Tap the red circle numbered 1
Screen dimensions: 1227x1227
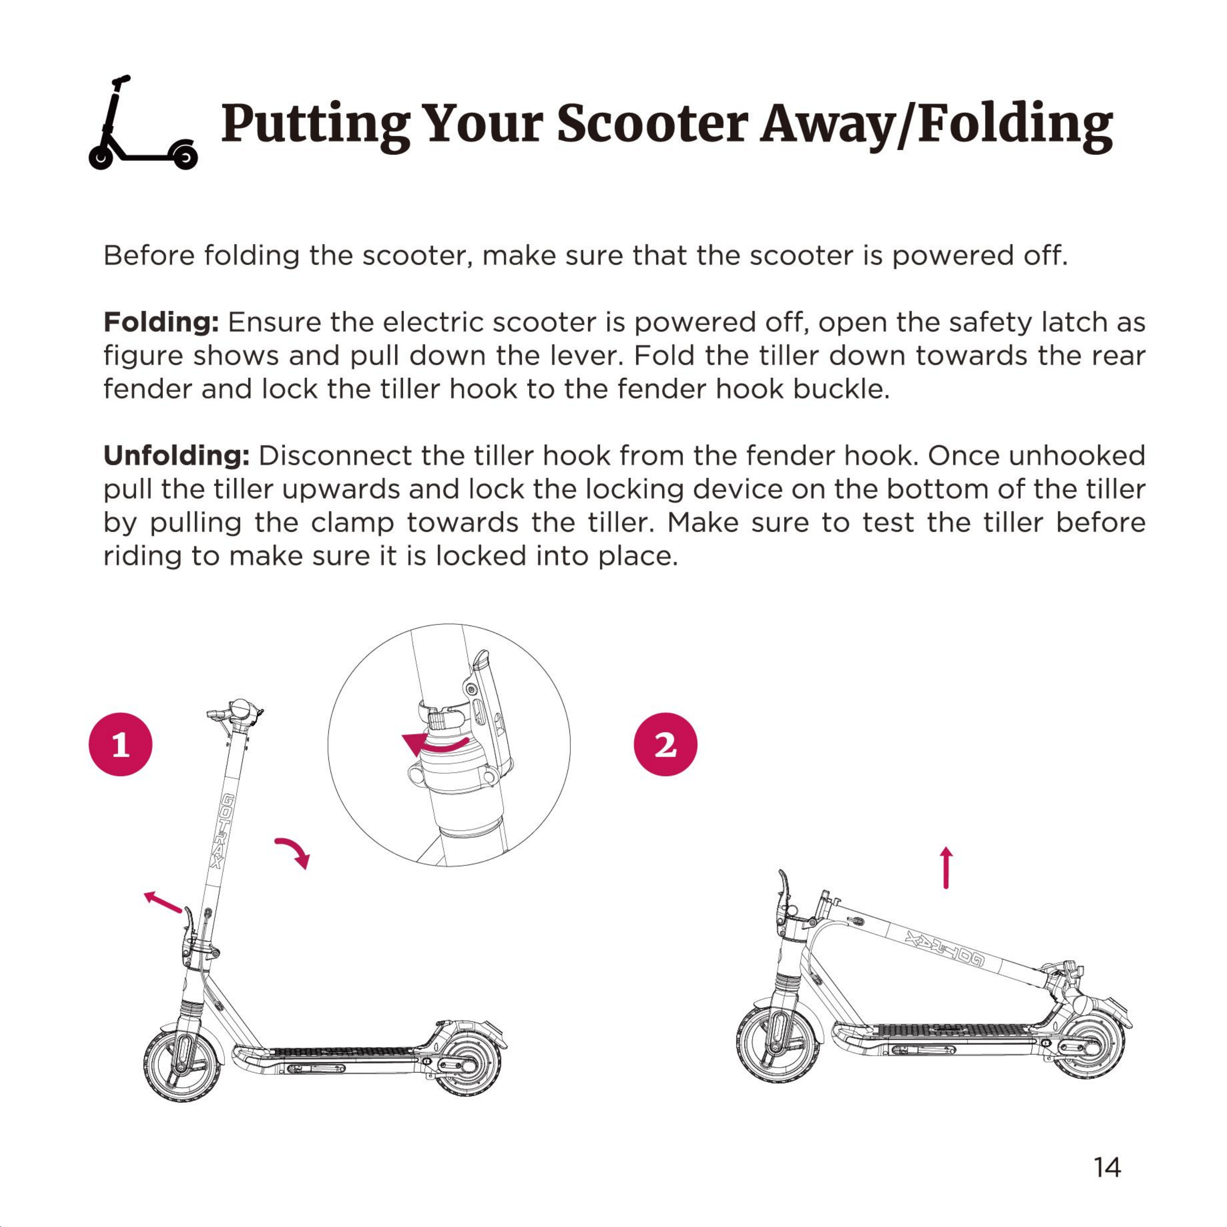point(121,744)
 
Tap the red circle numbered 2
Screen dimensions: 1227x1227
point(666,744)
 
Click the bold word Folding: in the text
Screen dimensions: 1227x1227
point(161,323)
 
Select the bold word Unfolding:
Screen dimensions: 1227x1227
point(177,456)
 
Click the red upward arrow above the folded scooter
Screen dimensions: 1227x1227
point(946,867)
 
